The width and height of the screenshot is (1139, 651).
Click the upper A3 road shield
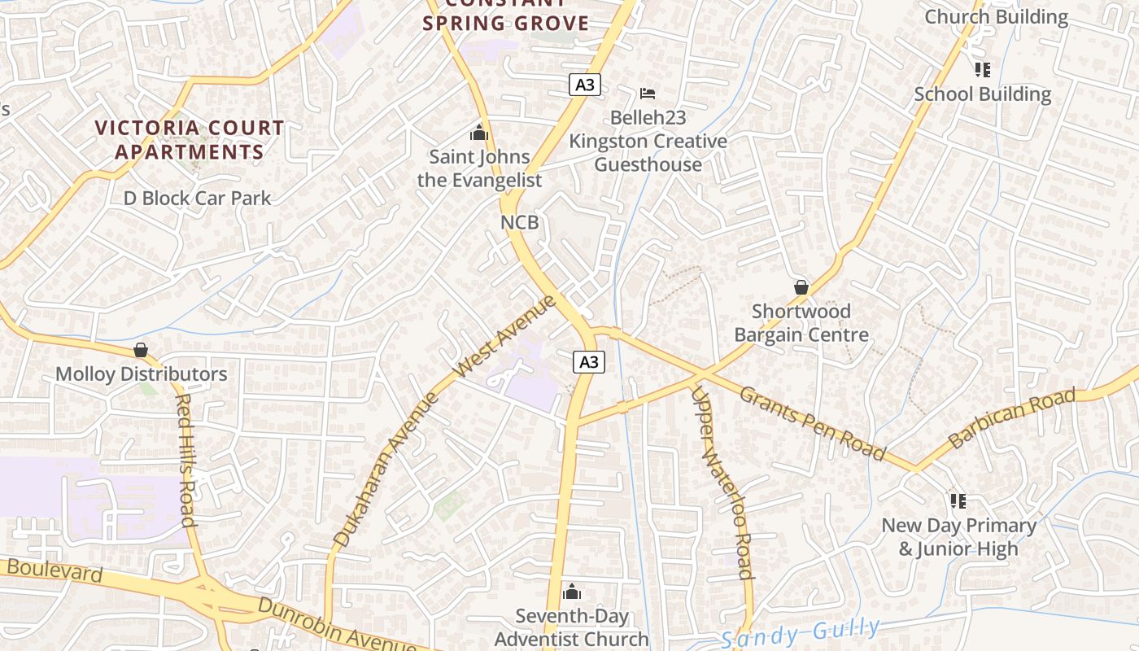(x=584, y=85)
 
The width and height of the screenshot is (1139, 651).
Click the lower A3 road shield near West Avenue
(x=588, y=361)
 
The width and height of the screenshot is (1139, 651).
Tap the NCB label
(x=519, y=222)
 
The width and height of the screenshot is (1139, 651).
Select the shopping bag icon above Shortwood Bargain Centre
(x=801, y=287)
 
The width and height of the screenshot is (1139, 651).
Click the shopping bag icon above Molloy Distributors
(x=141, y=350)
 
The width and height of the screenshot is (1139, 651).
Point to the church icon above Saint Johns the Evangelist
(x=479, y=133)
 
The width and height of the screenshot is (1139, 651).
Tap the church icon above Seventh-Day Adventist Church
(x=572, y=592)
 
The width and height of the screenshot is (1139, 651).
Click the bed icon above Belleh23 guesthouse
(x=648, y=94)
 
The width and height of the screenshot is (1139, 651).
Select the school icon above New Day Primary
(x=958, y=500)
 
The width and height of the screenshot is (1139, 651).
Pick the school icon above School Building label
(x=982, y=70)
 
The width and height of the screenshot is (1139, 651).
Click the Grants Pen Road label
(x=811, y=422)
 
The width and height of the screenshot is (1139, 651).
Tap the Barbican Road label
(x=1011, y=418)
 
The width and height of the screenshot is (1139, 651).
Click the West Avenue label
(x=504, y=335)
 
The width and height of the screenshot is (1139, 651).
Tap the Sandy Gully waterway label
(x=801, y=632)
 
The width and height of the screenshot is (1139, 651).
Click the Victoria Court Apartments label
(x=190, y=140)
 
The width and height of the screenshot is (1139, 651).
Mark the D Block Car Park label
(x=197, y=198)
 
